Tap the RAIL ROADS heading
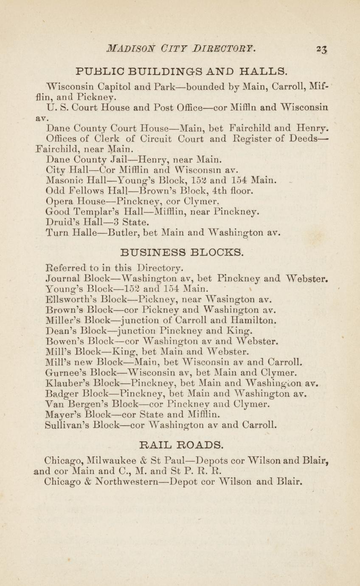click(x=181, y=445)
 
